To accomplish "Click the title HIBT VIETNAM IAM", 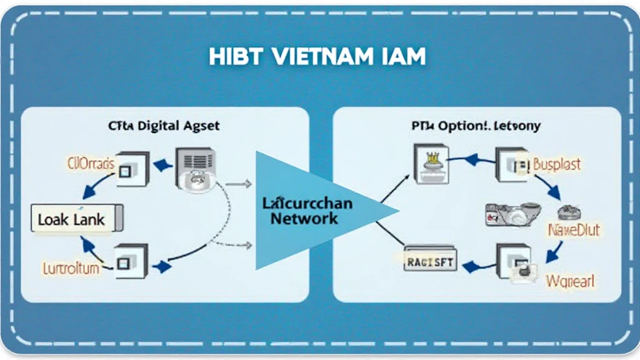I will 318,56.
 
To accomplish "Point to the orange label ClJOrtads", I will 91,164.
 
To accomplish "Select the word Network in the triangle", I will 304,218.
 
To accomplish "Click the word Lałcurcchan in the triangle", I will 307,203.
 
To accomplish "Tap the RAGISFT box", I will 431,262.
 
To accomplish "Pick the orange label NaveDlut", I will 574,230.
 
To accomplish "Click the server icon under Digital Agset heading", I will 196,167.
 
